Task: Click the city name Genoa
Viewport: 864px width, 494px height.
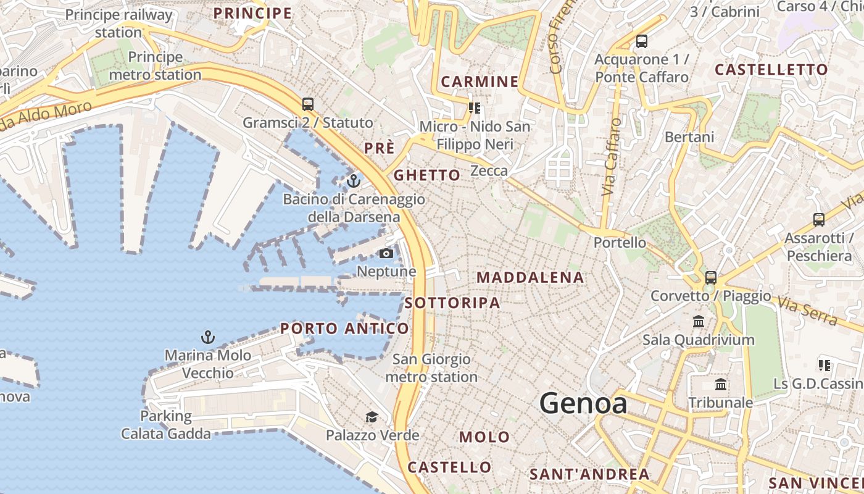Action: pyautogui.click(x=583, y=404)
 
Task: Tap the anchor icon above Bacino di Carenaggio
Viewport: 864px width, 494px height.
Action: pyautogui.click(x=354, y=181)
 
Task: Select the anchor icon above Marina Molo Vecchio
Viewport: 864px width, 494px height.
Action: pyautogui.click(x=208, y=337)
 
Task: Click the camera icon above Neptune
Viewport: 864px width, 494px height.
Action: pyautogui.click(x=386, y=253)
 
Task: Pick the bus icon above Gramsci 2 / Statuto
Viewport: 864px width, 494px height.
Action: pyautogui.click(x=308, y=104)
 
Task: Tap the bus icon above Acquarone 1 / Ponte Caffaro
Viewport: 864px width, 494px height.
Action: pyautogui.click(x=642, y=41)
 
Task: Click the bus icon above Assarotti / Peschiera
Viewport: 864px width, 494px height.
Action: pyautogui.click(x=819, y=219)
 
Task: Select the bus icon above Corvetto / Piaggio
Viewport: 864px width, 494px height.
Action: pyautogui.click(x=711, y=278)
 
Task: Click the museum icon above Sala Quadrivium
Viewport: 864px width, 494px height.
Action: pyautogui.click(x=699, y=321)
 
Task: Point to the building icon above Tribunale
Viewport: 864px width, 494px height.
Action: pyautogui.click(x=720, y=385)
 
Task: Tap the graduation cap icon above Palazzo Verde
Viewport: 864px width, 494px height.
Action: pyautogui.click(x=372, y=417)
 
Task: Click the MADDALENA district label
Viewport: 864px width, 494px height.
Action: pyautogui.click(x=530, y=278)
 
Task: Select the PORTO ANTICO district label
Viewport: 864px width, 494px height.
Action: pyautogui.click(x=344, y=329)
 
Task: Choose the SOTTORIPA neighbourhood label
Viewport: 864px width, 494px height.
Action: pyautogui.click(x=452, y=303)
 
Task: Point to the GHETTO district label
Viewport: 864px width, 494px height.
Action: pyautogui.click(x=427, y=175)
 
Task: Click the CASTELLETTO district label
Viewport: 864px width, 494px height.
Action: pyautogui.click(x=771, y=70)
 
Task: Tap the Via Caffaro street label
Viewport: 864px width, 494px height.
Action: pyautogui.click(x=610, y=157)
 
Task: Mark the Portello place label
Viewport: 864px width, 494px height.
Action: pyautogui.click(x=620, y=243)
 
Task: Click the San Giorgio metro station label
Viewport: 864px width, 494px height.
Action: pyautogui.click(x=431, y=368)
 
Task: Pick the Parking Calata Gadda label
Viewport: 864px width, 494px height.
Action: pyautogui.click(x=165, y=425)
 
